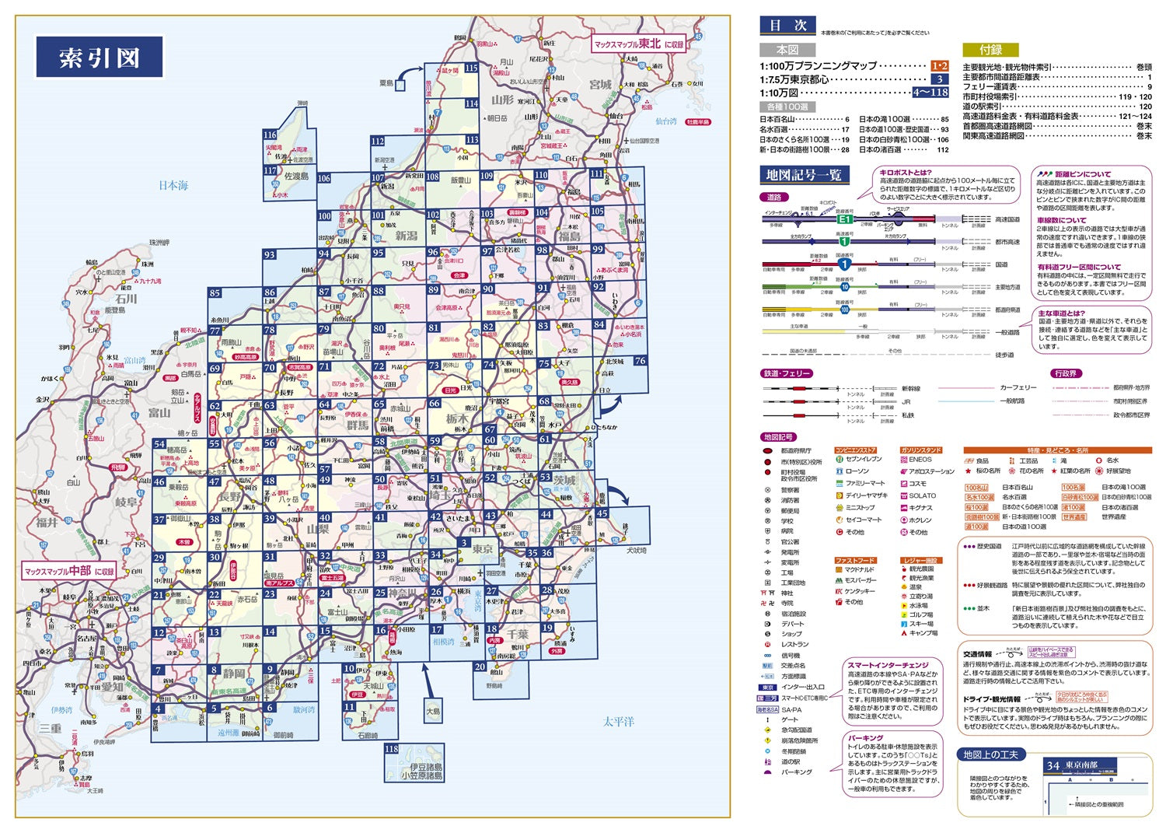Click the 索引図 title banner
[x=99, y=57]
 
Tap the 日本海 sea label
[x=173, y=185]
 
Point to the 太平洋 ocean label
[x=619, y=722]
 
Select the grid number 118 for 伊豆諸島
[x=391, y=749]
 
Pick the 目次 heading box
[x=787, y=26]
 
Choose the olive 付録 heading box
[x=990, y=49]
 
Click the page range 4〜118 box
[x=930, y=92]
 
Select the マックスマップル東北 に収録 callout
[x=640, y=44]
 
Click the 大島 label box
[x=432, y=711]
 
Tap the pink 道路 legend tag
[x=774, y=198]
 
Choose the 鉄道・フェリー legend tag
[x=787, y=374]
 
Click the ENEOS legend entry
[x=920, y=460]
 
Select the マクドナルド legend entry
[x=860, y=570]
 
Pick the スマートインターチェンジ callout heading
[x=888, y=666]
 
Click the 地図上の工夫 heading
[x=990, y=754]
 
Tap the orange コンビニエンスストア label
[x=855, y=450]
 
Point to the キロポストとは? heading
[x=906, y=173]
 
